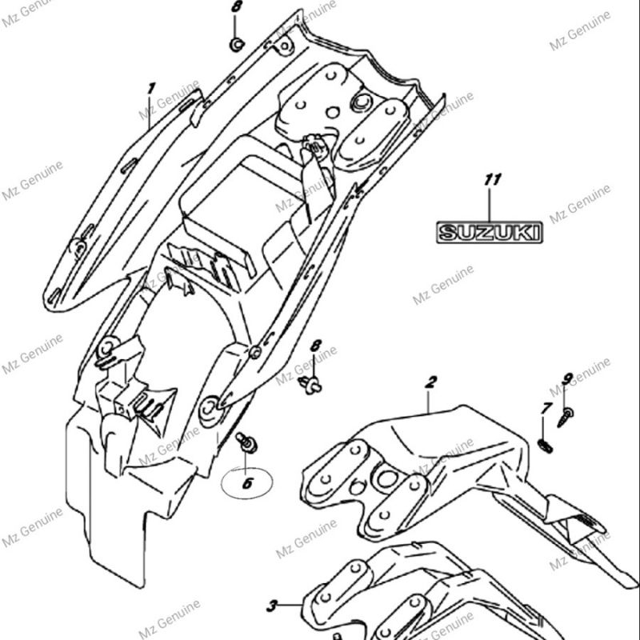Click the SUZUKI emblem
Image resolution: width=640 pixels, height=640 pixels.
[x=489, y=233]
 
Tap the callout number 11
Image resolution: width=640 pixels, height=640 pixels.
[x=492, y=179]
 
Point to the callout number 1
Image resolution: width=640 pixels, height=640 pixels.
[x=150, y=87]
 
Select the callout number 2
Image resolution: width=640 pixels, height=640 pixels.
[x=430, y=382]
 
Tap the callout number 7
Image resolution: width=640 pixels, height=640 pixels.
[x=546, y=409]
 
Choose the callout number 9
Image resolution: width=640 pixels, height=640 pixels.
[x=567, y=378]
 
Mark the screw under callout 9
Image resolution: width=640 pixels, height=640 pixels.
[x=566, y=415]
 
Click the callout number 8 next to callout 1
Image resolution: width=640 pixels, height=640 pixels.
[x=235, y=7]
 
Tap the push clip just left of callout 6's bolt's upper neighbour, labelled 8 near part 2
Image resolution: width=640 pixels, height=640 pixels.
[x=310, y=385]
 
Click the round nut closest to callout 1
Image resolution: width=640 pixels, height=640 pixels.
[x=236, y=44]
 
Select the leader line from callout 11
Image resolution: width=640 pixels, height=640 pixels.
[x=490, y=203]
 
